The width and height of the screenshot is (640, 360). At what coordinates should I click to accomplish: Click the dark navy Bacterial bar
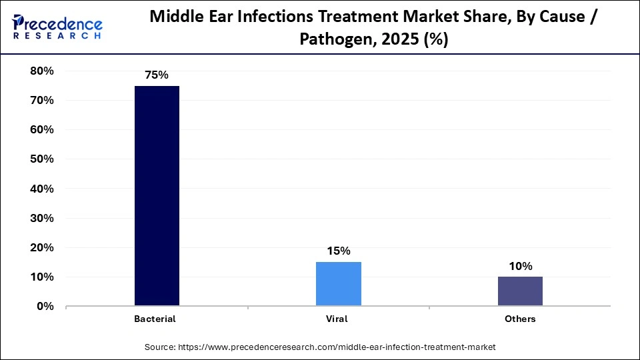[157, 196]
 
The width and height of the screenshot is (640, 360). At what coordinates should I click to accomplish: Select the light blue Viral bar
[339, 284]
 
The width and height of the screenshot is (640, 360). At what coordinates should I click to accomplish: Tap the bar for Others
[520, 291]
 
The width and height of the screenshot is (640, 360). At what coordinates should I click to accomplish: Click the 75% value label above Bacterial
[157, 75]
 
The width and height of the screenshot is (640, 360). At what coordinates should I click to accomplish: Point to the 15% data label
[339, 251]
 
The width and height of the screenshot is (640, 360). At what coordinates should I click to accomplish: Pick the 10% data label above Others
[520, 266]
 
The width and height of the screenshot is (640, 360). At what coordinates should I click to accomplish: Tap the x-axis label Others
[520, 319]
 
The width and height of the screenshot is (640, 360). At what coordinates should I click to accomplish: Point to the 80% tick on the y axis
[42, 71]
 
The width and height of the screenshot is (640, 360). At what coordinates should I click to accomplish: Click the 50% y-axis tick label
[42, 159]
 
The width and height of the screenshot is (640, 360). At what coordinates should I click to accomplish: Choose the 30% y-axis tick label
[42, 218]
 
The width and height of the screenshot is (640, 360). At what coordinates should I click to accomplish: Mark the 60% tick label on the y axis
[42, 130]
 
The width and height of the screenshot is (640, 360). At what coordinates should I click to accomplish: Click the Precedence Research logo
[57, 26]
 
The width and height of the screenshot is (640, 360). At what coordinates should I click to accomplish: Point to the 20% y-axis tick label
[42, 247]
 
